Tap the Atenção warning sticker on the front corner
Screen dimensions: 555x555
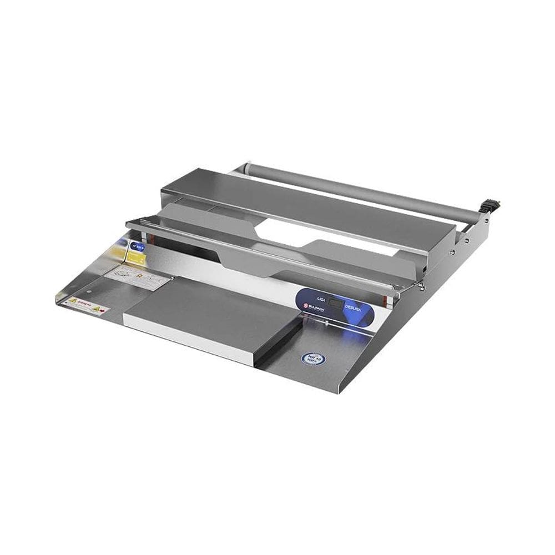click(86, 306)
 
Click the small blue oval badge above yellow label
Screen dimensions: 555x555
click(136, 244)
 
